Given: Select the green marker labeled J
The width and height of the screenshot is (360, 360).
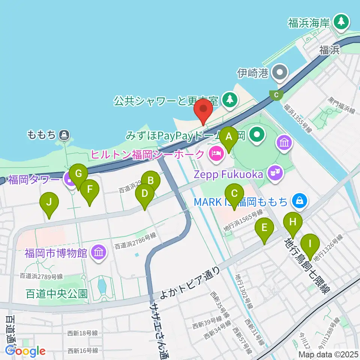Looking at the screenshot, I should pyautogui.click(x=49, y=203).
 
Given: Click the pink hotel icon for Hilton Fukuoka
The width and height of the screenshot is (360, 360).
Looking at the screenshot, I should pyautogui.click(x=216, y=154).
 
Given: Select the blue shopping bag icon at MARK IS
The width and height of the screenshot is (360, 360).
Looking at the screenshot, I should pyautogui.click(x=300, y=201).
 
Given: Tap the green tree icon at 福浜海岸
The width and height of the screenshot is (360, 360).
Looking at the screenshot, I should pyautogui.click(x=341, y=22).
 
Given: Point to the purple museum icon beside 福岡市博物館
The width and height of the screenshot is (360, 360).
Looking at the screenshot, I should pyautogui.click(x=98, y=253).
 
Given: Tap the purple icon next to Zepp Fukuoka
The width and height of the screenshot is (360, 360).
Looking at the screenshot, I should pyautogui.click(x=276, y=173).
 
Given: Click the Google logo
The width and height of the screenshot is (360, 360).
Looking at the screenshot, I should pyautogui.click(x=25, y=351).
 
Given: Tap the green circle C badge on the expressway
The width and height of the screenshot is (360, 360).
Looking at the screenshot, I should pyautogui.click(x=276, y=95).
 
